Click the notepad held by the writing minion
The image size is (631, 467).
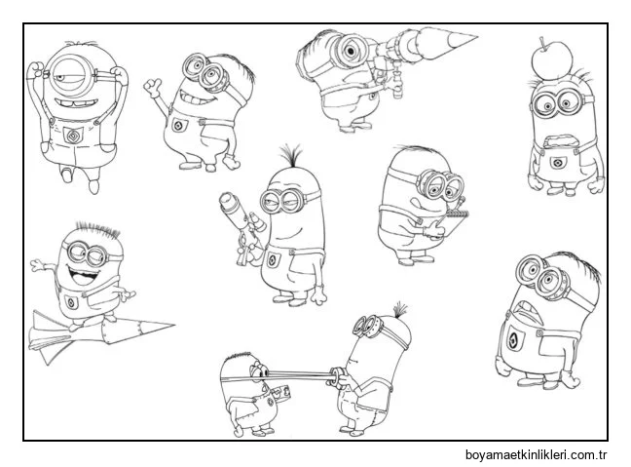pyautogui.click(x=455, y=222)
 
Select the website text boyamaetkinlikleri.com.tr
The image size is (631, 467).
pyautogui.click(x=536, y=455)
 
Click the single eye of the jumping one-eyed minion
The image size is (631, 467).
pyautogui.click(x=68, y=75)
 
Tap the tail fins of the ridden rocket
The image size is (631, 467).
pyautogui.click(x=44, y=337)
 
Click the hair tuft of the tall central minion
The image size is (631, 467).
pyautogui.click(x=291, y=155)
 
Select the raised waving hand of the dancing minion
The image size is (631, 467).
pyautogui.click(x=153, y=87)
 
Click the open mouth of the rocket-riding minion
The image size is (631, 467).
pyautogui.click(x=84, y=276)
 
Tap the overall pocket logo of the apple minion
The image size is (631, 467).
pyautogui.click(x=558, y=163)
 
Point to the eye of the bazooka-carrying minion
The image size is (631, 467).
pyautogui.click(x=351, y=51)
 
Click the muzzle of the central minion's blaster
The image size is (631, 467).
pyautogui.click(x=227, y=199)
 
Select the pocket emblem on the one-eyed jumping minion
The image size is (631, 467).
pyautogui.click(x=73, y=136)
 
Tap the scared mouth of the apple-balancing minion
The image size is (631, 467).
pyautogui.click(x=559, y=141)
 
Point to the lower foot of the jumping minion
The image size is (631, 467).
pyautogui.click(x=93, y=186)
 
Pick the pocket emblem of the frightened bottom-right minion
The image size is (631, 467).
pyautogui.click(x=513, y=340)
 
